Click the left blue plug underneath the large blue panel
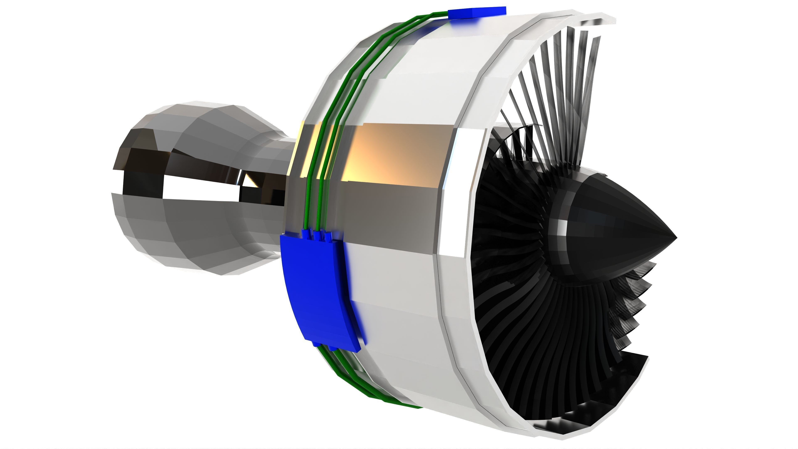coord(316,344)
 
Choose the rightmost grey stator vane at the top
coord(593,78)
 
